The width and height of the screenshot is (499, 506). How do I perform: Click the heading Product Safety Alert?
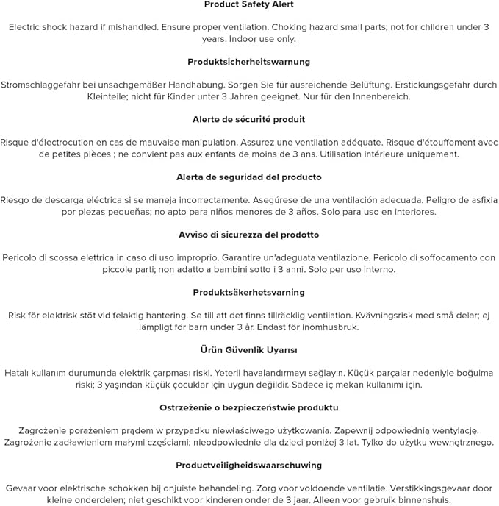(x=248, y=4)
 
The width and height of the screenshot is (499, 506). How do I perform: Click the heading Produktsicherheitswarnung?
(x=248, y=62)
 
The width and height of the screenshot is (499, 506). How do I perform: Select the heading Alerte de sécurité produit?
(x=248, y=119)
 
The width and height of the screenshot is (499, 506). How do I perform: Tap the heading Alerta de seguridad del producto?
(x=248, y=177)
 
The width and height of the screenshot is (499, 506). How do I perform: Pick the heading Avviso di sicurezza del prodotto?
(x=248, y=235)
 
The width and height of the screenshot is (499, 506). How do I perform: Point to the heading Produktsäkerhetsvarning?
(x=248, y=292)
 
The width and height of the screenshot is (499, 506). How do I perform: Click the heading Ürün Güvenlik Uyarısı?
(x=248, y=350)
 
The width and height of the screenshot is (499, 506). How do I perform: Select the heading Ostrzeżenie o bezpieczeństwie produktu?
(x=248, y=407)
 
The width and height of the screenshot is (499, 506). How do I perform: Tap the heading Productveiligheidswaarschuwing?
(x=248, y=465)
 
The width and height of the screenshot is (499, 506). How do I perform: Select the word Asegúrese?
(x=279, y=200)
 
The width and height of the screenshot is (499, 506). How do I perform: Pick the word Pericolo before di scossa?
(x=24, y=257)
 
